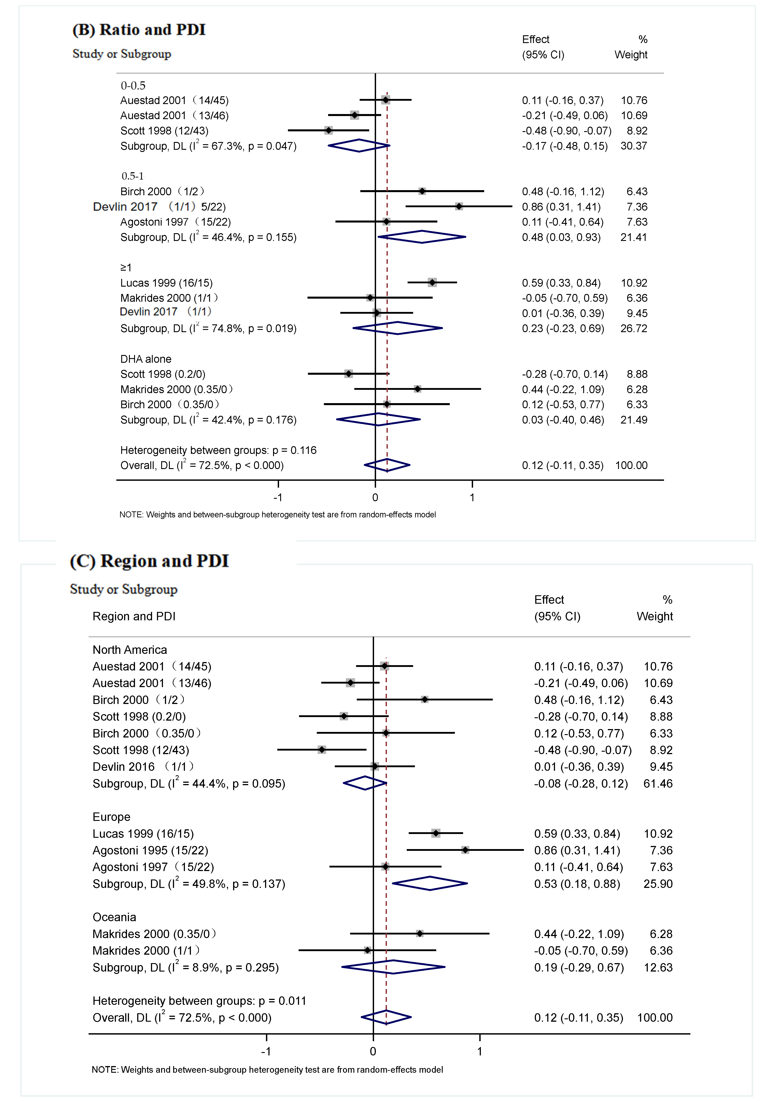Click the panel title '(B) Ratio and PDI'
click(x=139, y=30)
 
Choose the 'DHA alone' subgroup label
click(x=145, y=359)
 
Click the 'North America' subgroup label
click(x=130, y=650)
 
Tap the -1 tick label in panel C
click(x=266, y=1052)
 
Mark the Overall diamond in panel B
click(x=387, y=465)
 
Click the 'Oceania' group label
click(x=114, y=917)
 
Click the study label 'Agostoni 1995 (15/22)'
click(x=150, y=850)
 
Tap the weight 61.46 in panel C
click(x=658, y=784)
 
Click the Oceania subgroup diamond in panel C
click(x=393, y=967)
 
